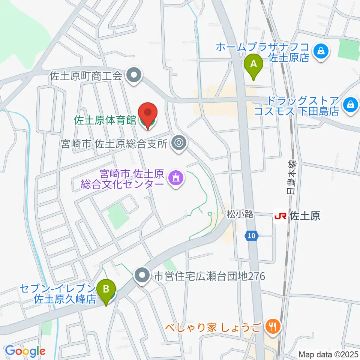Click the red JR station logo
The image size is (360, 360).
coord(280,216)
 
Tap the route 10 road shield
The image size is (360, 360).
coord(252,235)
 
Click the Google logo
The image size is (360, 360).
coord(25,351)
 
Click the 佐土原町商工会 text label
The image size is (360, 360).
coord(86,76)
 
